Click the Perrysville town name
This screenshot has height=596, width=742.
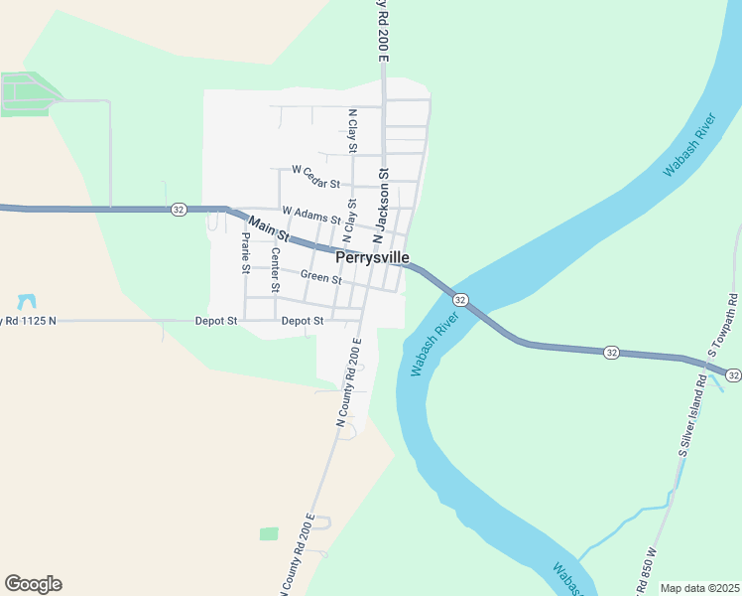click(372, 257)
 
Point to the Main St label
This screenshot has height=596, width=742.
click(268, 229)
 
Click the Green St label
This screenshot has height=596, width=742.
click(320, 278)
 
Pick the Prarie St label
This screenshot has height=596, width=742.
click(245, 252)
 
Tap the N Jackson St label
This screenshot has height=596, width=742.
click(380, 207)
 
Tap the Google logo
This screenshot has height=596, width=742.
click(33, 584)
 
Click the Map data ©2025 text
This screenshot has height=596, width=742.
click(698, 588)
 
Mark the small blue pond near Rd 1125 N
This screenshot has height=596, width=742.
click(27, 301)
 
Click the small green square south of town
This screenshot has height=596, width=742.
click(269, 533)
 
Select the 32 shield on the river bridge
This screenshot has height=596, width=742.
click(460, 299)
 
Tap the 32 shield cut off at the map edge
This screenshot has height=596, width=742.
click(732, 374)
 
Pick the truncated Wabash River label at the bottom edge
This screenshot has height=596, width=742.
click(566, 577)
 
